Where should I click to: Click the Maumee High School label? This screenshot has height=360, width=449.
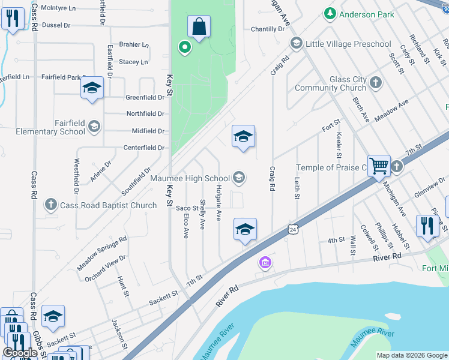pyautogui.click(x=190, y=178)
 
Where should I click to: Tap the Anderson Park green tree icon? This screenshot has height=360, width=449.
pyautogui.click(x=330, y=13)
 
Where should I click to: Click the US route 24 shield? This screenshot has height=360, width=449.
pyautogui.click(x=292, y=229)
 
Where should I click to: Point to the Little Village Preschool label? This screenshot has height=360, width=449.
pyautogui.click(x=348, y=44)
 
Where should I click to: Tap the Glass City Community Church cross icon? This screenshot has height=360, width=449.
pyautogui.click(x=376, y=82)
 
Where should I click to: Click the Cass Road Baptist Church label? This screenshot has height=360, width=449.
pyautogui.click(x=109, y=205)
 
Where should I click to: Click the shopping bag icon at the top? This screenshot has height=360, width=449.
pyautogui.click(x=199, y=26)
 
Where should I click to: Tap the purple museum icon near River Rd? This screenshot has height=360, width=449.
pyautogui.click(x=265, y=262)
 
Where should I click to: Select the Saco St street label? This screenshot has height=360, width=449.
pyautogui.click(x=187, y=208)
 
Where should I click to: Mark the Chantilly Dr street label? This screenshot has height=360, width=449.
pyautogui.click(x=267, y=29)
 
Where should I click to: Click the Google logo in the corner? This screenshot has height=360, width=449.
pyautogui.click(x=20, y=353)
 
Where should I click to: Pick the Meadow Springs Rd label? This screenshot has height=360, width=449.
pyautogui.click(x=102, y=253)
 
